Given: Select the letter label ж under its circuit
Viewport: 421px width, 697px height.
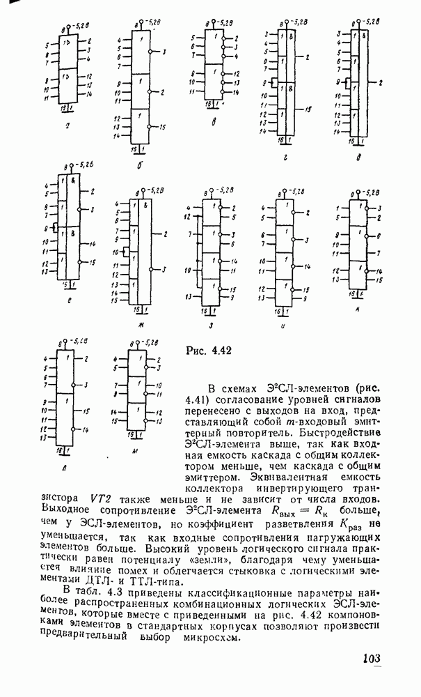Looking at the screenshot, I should [141, 325].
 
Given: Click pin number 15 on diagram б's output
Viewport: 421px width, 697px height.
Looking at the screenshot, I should [162, 127].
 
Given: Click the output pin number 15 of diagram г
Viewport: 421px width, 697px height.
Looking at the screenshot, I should [308, 109].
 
